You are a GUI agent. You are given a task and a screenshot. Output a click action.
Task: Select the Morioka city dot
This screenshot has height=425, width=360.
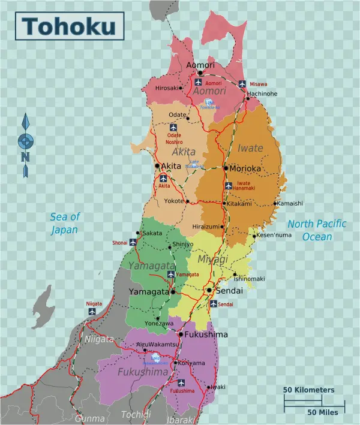226,168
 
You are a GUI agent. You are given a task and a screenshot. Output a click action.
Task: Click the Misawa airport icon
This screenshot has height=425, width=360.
242,84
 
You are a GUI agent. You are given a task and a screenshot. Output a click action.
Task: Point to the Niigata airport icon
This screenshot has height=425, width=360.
92,312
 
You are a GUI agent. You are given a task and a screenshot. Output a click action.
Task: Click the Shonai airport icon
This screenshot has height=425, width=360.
133,243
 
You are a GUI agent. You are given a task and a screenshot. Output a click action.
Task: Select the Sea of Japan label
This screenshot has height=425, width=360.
64,223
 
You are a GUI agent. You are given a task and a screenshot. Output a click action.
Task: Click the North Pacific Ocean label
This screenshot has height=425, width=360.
317,230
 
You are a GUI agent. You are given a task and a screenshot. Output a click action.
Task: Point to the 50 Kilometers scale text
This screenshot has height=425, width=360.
309,390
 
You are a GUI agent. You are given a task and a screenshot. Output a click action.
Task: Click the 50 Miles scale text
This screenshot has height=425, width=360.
323,412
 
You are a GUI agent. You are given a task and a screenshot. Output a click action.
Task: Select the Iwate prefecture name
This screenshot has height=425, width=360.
250,148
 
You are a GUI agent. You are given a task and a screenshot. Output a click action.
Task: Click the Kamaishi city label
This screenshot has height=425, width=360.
290,203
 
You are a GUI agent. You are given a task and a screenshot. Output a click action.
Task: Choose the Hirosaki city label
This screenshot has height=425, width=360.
167,88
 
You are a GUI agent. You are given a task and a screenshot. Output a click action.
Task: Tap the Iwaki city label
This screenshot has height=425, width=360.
218,387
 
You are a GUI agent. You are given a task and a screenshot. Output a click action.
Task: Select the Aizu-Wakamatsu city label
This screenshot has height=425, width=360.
158,345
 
